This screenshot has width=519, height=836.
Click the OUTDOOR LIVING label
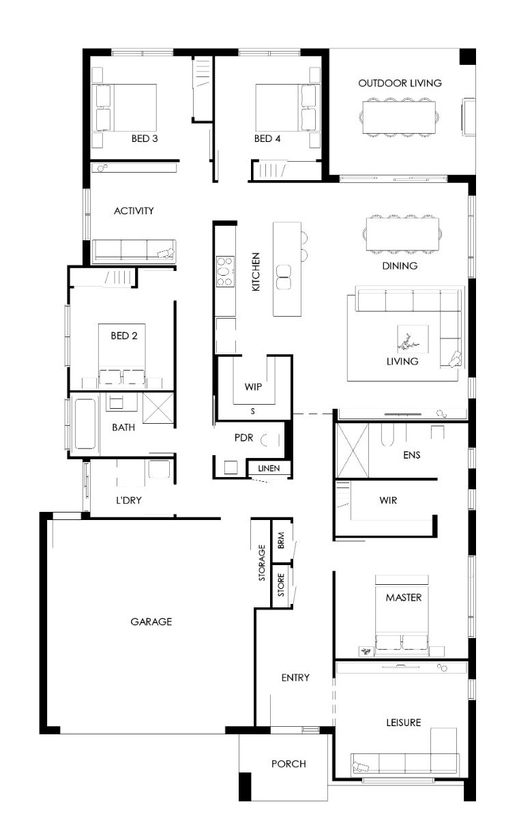click(x=400, y=83)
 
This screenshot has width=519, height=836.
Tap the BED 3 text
click(x=145, y=139)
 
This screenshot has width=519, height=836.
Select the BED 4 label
click(x=267, y=139)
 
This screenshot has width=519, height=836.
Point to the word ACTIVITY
click(x=134, y=211)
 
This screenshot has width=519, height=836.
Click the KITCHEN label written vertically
click(x=256, y=272)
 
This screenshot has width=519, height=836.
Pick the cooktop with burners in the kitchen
click(x=226, y=272)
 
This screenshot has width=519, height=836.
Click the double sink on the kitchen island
click(x=284, y=277)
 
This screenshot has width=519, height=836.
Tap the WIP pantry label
click(x=253, y=387)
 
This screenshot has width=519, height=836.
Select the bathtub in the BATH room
click(x=85, y=424)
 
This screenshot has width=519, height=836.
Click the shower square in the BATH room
click(x=158, y=407)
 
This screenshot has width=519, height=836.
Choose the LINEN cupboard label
click(x=269, y=468)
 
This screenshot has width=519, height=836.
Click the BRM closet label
click(x=281, y=540)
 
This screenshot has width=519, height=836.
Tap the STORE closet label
click(x=281, y=585)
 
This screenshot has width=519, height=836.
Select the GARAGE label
click(x=151, y=622)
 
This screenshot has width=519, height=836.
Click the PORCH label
click(x=288, y=764)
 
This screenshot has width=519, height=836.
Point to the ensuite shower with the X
click(x=353, y=450)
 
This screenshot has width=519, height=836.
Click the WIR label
click(x=388, y=500)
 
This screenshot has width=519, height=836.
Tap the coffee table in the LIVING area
click(x=413, y=339)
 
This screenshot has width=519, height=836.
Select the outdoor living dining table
click(x=400, y=117)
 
